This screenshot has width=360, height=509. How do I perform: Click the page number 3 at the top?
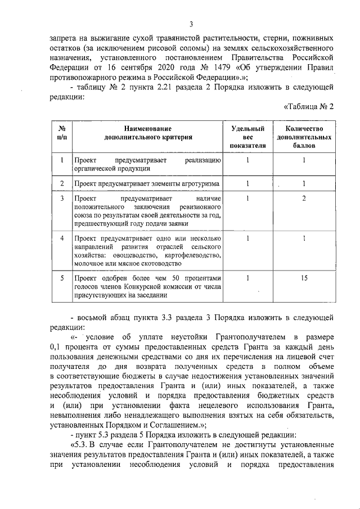pyautogui.click(x=191, y=24)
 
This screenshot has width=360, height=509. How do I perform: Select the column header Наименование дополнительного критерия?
pyautogui.click(x=148, y=133)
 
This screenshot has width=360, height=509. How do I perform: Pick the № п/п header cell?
pyautogui.click(x=61, y=133)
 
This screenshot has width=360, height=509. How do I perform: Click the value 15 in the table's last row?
pyautogui.click(x=303, y=278)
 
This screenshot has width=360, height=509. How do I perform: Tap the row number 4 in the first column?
pyautogui.click(x=61, y=238)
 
